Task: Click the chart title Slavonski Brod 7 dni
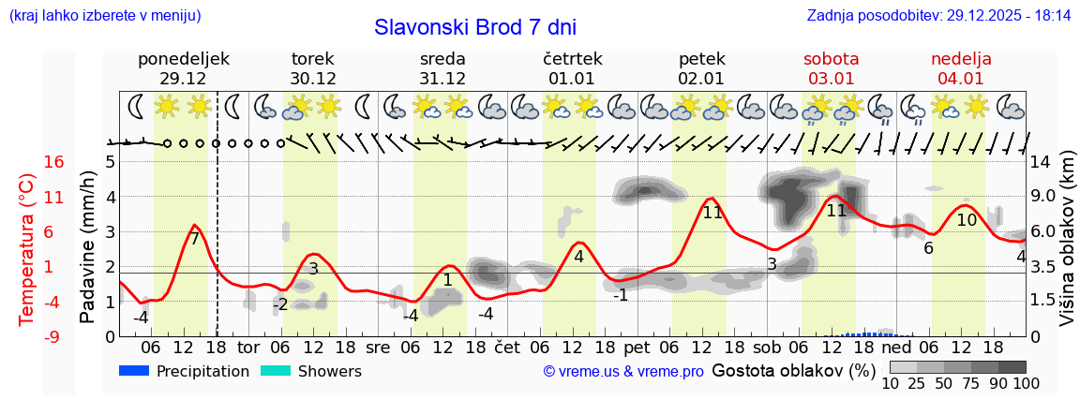(474, 27)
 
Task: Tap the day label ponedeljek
(183, 59)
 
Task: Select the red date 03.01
(831, 79)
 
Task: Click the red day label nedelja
(961, 59)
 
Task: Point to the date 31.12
(442, 79)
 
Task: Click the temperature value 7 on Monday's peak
(194, 238)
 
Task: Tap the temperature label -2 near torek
(280, 304)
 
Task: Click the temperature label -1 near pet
(621, 295)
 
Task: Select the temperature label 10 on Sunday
(967, 220)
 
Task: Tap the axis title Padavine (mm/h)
(88, 247)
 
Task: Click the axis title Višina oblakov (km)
(1067, 247)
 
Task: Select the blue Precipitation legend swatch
(135, 371)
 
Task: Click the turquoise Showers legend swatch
(276, 371)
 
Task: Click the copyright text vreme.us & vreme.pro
(622, 372)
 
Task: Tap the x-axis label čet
(507, 346)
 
